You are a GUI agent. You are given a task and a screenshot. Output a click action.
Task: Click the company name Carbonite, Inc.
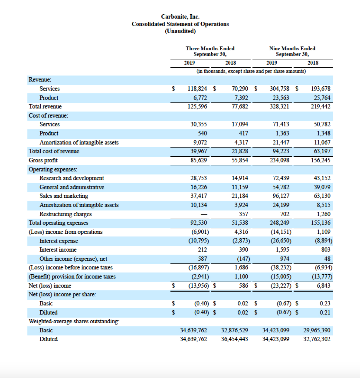tap(180, 17)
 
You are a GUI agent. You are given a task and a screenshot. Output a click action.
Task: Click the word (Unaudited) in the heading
tap(180, 31)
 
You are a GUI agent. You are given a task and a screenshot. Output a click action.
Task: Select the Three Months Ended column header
tap(210, 49)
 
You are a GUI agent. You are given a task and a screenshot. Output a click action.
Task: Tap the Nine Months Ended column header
tap(292, 49)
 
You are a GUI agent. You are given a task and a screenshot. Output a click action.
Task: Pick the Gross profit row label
tap(43, 160)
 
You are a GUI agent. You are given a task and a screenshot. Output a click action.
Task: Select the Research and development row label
tap(72, 178)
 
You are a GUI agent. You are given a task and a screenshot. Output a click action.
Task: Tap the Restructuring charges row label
tap(66, 214)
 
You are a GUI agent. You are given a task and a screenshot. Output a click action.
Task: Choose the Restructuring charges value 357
tap(244, 214)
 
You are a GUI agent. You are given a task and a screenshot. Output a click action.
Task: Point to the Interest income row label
tap(58, 250)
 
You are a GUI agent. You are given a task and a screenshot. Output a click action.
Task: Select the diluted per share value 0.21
tap(325, 312)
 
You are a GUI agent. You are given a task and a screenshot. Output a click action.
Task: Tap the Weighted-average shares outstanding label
tap(74, 321)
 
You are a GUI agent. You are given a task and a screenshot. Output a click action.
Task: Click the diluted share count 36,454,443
tap(234, 339)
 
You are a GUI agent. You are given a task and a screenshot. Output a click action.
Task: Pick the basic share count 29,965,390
tap(317, 330)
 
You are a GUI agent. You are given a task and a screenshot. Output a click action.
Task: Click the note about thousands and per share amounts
tap(251, 71)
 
